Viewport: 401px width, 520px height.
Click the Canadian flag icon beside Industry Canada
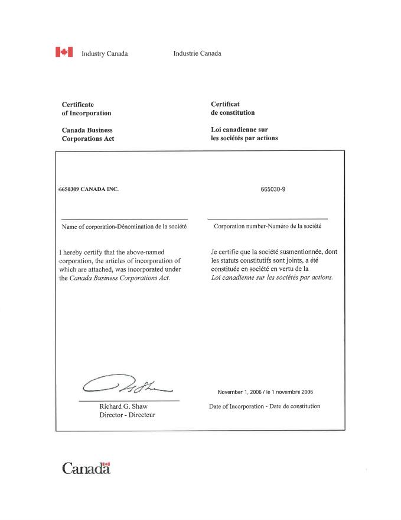coord(64,53)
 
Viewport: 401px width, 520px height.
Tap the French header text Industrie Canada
coord(197,54)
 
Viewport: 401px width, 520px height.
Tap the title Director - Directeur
coord(128,415)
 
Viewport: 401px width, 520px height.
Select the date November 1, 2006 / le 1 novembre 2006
coord(265,392)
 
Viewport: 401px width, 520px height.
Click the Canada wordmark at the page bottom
coord(86,469)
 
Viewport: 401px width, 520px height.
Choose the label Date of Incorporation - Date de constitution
coord(265,406)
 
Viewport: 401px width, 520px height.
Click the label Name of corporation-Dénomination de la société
coord(124,227)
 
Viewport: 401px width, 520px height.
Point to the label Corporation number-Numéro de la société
coord(267,227)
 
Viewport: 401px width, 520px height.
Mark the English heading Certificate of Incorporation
coord(86,108)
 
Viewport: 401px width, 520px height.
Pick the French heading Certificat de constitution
coord(233,108)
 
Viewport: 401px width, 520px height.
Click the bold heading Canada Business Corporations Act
coord(88,134)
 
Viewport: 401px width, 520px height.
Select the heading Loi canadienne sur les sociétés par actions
coord(244,134)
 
